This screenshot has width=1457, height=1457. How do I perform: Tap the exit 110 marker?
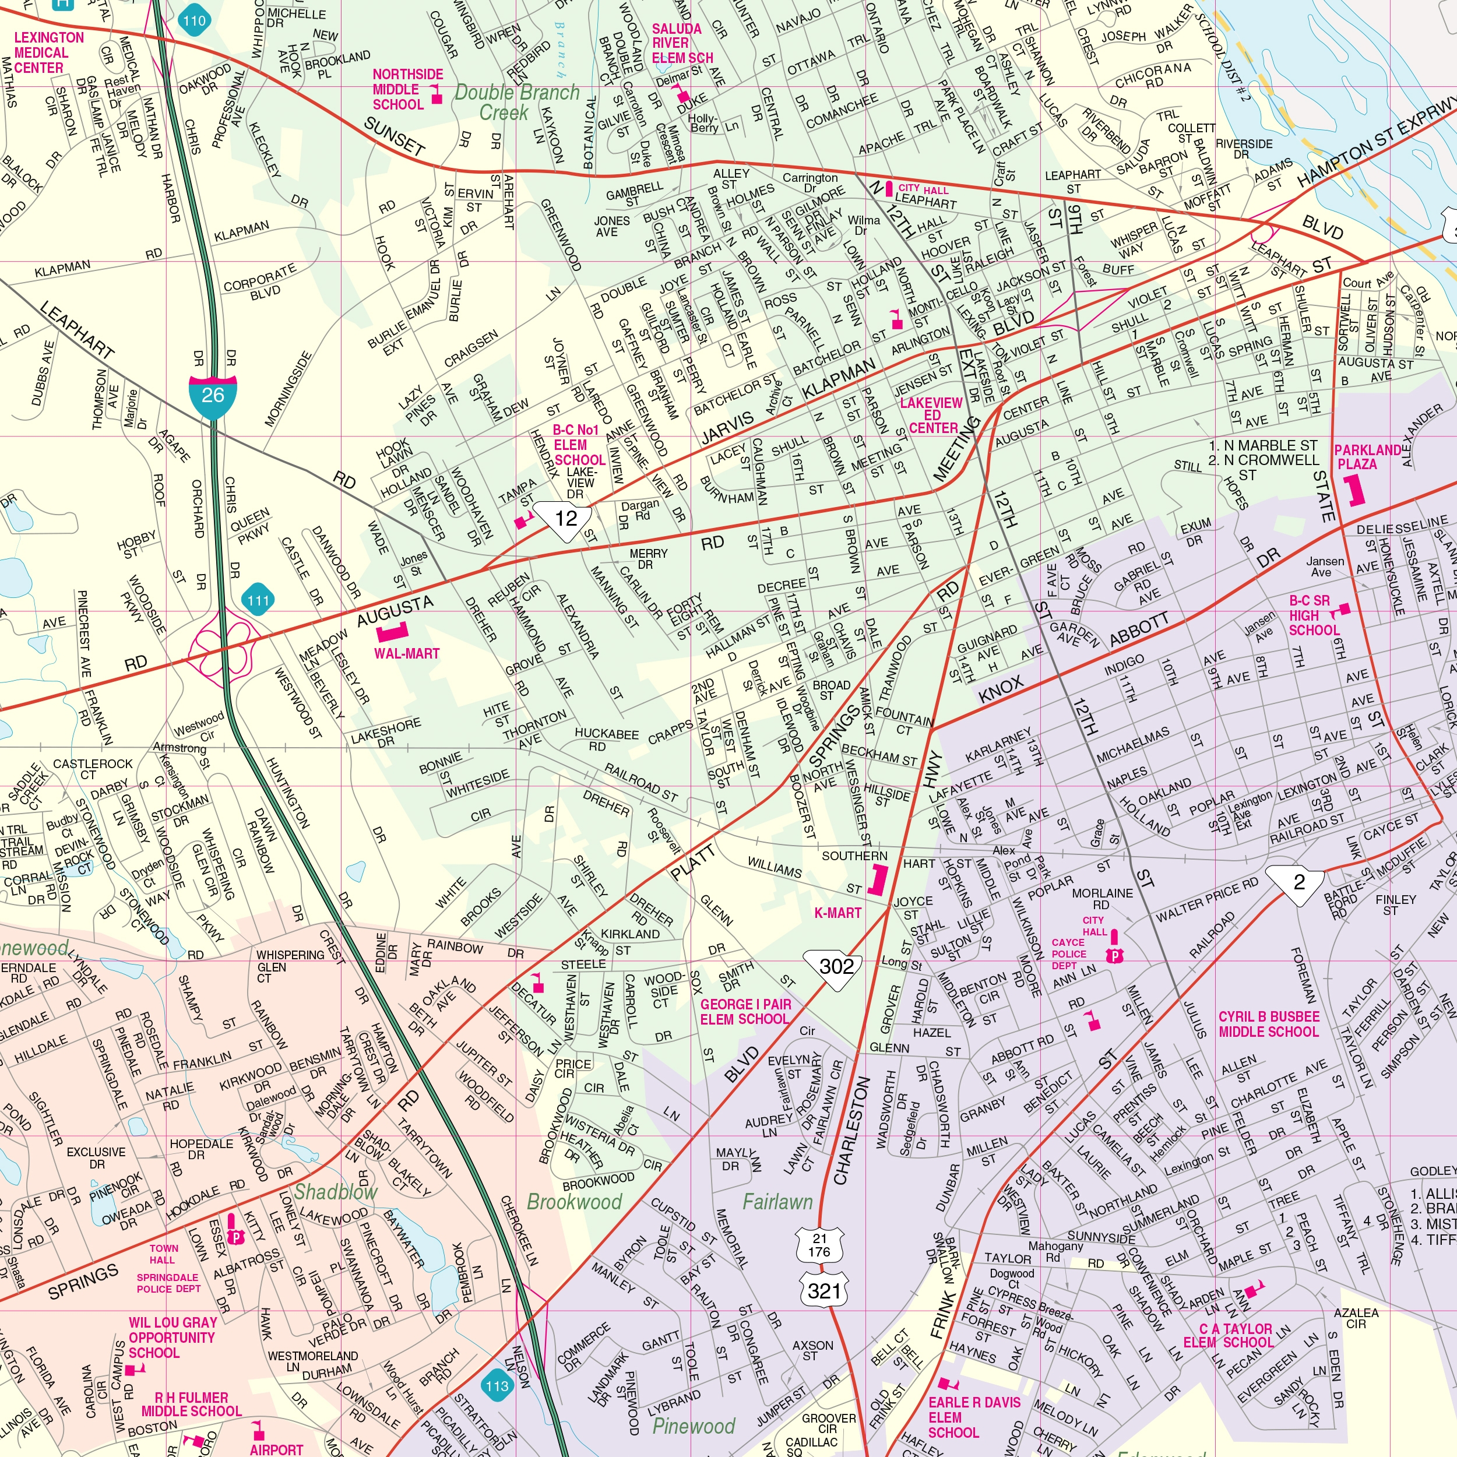click(x=194, y=21)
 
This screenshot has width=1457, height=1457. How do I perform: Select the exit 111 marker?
click(x=258, y=600)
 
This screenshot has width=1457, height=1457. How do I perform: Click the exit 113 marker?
click(x=497, y=1385)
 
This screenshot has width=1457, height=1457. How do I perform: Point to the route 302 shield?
click(x=836, y=966)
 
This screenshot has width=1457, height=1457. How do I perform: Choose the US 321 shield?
click(x=824, y=1291)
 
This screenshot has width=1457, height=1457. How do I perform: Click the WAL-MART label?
click(x=406, y=653)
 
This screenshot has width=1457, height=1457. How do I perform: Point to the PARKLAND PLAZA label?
click(x=1367, y=457)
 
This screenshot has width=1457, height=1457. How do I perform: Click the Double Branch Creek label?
click(x=516, y=103)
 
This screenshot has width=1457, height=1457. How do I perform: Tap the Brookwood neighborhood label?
click(x=574, y=1201)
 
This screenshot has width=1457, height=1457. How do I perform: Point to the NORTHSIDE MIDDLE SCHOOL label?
click(x=407, y=89)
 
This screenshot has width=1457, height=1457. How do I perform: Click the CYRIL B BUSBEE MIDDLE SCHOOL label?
click(x=1269, y=1023)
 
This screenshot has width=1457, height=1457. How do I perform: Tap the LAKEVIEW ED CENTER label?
click(x=931, y=415)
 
